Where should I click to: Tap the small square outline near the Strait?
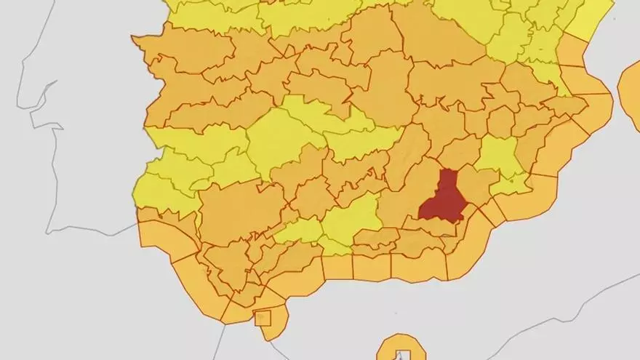pos(263,318)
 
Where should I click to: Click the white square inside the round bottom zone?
pos(399,355)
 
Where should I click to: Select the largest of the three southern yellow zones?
pos(353,218)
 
